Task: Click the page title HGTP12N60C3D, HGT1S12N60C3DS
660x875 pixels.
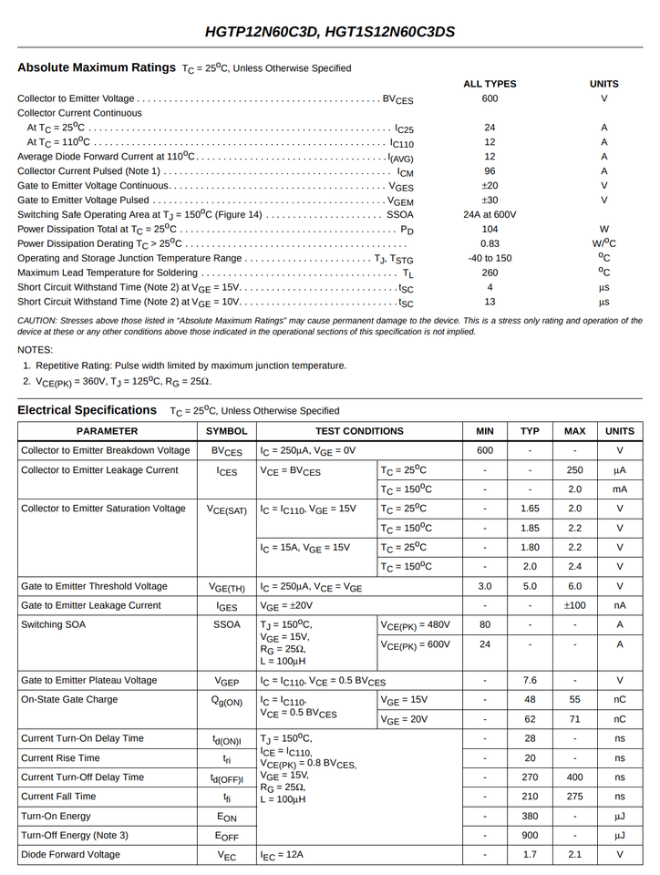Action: click(330, 33)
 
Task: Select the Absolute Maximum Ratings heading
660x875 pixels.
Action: click(97, 67)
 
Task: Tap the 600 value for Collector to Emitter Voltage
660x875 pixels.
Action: click(490, 98)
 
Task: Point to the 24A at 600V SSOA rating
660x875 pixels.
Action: click(490, 215)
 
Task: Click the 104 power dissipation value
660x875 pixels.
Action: click(490, 230)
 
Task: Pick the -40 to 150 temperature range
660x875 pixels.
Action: click(490, 258)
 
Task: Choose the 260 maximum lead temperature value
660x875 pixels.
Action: click(490, 273)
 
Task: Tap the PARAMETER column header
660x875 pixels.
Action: click(107, 431)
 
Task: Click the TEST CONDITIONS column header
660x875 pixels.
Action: click(359, 431)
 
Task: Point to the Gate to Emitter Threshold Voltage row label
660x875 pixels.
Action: click(94, 586)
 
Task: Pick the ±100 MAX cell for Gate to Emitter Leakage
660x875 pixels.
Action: click(574, 605)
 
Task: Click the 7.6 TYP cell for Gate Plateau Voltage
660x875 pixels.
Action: click(530, 680)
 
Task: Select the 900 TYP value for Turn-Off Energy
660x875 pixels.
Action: click(530, 836)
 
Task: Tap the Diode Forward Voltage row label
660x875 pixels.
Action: click(70, 855)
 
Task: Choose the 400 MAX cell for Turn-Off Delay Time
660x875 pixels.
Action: click(574, 777)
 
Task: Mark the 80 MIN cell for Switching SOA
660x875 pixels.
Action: click(485, 624)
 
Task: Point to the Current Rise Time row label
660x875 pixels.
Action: click(60, 757)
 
